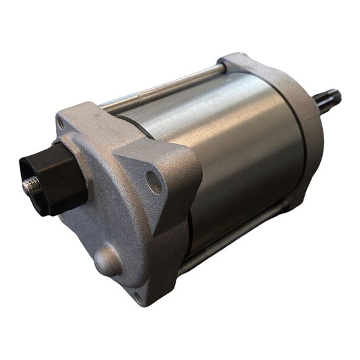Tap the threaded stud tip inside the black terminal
coord(30,184)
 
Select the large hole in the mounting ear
coord(153,181)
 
